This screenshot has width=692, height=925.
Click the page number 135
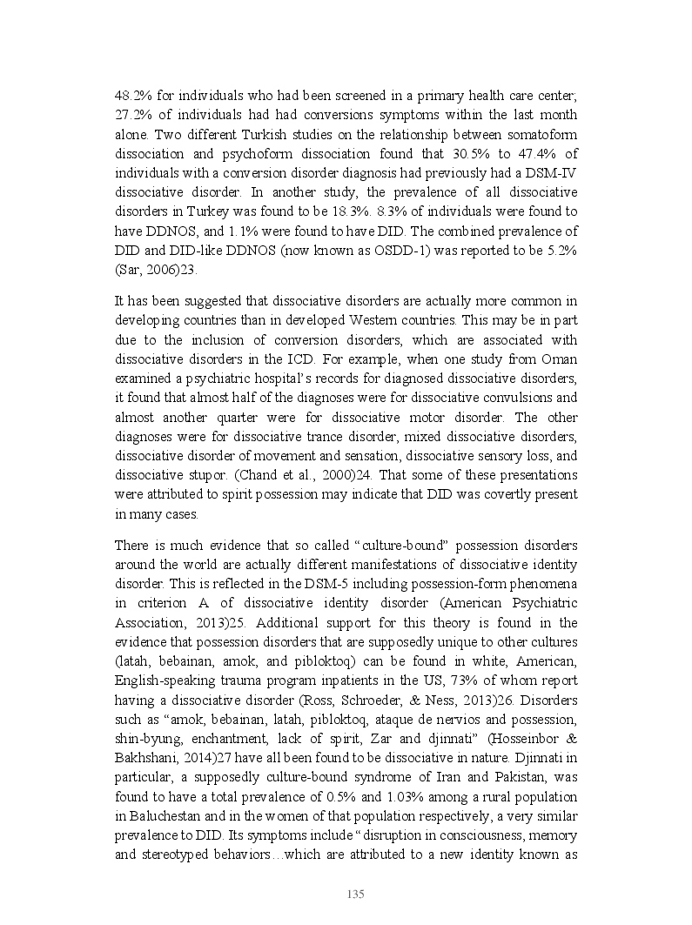(354, 895)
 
